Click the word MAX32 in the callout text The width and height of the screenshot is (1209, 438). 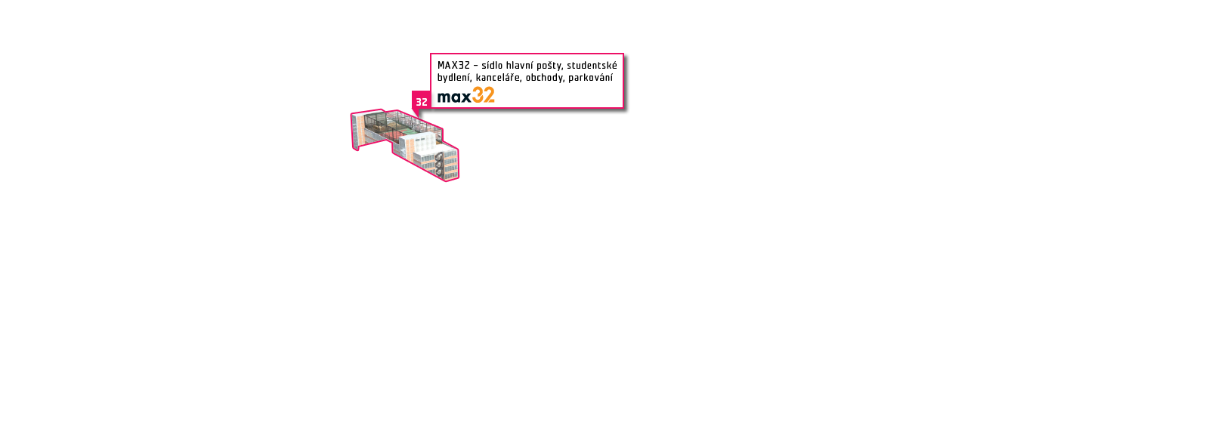453,65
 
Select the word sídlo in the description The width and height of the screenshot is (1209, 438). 492,65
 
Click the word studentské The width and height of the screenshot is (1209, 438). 592,65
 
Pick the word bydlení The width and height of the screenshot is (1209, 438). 454,78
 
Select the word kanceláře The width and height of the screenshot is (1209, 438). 499,78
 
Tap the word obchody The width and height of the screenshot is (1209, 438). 545,78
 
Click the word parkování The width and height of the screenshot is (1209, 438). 590,78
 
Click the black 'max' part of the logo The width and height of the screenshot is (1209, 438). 454,97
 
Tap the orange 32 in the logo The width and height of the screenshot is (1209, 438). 483,95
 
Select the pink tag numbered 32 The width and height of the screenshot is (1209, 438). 422,101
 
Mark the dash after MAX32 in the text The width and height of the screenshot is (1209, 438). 475,66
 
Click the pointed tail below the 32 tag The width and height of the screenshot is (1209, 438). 416,113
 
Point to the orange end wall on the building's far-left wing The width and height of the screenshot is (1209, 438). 360,131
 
